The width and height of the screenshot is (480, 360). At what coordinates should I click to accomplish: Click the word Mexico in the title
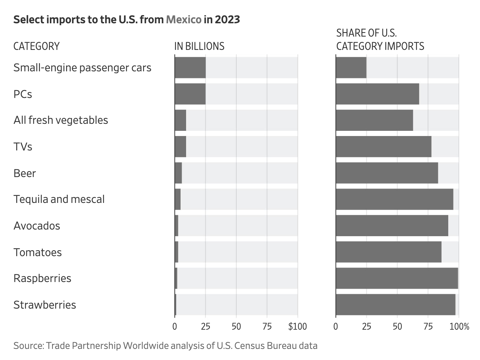[184, 19]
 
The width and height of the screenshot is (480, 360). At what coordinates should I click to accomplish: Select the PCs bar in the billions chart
[190, 94]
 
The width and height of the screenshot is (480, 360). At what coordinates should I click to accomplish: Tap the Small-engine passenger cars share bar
[351, 68]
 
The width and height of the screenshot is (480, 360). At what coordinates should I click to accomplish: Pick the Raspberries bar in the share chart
[397, 278]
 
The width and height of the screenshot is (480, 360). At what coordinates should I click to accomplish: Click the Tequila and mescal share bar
[394, 199]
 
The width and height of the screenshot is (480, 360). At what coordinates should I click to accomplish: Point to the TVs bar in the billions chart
[180, 147]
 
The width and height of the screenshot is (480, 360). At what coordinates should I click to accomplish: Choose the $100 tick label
[297, 326]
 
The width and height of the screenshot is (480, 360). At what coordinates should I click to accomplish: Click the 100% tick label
[460, 326]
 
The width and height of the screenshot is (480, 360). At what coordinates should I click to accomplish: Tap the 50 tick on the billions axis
[236, 326]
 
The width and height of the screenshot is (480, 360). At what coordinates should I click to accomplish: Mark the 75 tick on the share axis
[428, 326]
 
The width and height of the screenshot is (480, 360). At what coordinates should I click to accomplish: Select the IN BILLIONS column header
[199, 46]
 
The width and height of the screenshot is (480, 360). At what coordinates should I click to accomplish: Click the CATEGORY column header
[36, 46]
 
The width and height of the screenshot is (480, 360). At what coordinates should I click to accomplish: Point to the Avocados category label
[37, 226]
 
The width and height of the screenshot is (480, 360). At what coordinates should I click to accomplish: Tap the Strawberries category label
[45, 305]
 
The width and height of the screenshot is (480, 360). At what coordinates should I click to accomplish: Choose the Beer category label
[25, 173]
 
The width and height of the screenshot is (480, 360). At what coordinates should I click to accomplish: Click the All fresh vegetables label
[61, 120]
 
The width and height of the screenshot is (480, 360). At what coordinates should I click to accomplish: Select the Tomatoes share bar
[388, 252]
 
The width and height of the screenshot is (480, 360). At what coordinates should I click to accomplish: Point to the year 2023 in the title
[227, 19]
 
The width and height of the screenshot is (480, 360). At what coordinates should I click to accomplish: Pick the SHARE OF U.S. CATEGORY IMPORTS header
[380, 40]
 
